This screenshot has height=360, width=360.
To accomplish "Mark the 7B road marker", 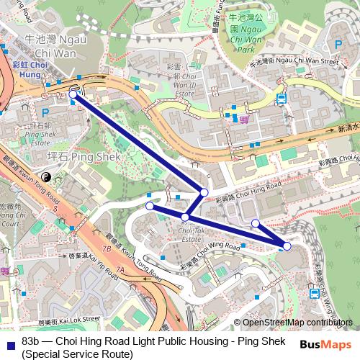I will [107, 248].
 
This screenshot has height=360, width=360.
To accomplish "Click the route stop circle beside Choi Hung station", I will [73, 94].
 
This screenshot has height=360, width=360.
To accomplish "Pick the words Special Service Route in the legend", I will [78, 354].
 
